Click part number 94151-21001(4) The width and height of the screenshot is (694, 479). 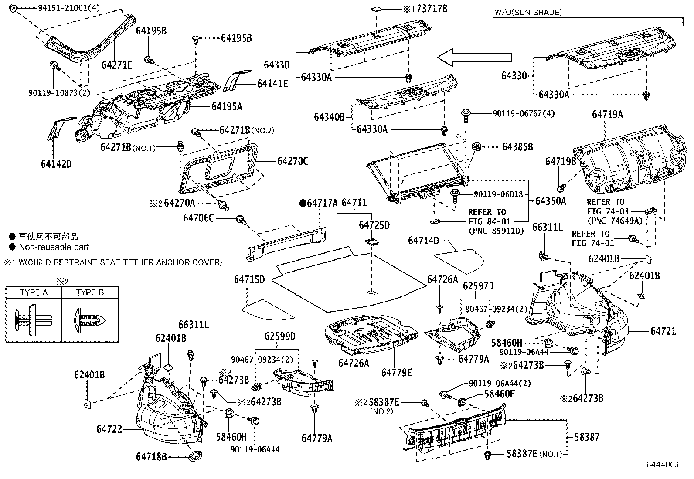(x=62, y=7)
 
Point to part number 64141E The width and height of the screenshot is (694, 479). (x=272, y=84)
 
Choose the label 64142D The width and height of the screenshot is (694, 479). (x=56, y=164)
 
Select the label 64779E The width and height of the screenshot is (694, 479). (x=396, y=372)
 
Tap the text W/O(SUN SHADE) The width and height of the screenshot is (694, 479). (x=528, y=13)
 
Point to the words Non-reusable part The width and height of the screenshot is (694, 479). (x=54, y=247)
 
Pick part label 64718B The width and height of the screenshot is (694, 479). (x=151, y=456)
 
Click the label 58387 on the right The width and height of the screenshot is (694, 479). (x=587, y=436)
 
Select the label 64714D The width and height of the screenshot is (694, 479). (x=423, y=241)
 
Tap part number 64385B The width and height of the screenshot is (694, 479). (x=517, y=147)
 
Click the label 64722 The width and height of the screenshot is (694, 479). (x=109, y=429)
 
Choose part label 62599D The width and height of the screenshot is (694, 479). (x=280, y=336)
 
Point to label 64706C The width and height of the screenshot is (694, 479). (x=198, y=217)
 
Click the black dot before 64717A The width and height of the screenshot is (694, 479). (x=302, y=203)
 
